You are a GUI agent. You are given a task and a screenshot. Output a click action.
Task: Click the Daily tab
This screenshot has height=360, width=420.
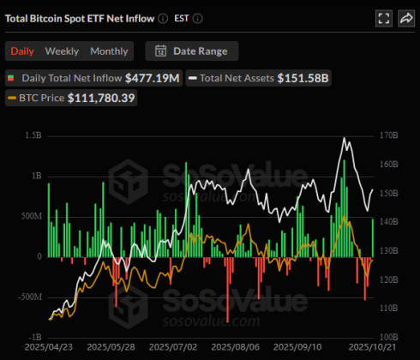(x=23, y=51)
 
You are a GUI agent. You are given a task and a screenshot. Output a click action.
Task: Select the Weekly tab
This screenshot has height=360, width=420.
(x=62, y=51)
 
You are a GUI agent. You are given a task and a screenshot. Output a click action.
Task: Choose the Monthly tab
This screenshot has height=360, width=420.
(x=109, y=51)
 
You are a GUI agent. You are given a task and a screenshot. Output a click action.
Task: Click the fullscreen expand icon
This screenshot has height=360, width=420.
(x=383, y=18)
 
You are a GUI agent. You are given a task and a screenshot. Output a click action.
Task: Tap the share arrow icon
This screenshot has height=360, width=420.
(x=405, y=18)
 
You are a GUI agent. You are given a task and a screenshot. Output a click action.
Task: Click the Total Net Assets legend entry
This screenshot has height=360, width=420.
(x=237, y=78)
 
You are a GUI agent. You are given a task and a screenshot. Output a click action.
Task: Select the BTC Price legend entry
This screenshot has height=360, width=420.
(x=41, y=99)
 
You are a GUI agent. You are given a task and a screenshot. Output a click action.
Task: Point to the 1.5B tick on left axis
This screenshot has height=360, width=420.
(x=33, y=135)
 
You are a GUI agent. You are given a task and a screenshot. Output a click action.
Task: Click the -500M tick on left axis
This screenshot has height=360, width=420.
(x=28, y=297)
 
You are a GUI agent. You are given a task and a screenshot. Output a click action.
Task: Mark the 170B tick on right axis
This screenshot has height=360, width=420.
(x=387, y=135)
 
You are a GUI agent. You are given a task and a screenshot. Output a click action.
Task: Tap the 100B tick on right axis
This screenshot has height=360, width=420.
(x=387, y=337)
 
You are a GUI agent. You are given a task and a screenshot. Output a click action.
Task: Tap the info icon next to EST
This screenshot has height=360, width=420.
(x=199, y=18)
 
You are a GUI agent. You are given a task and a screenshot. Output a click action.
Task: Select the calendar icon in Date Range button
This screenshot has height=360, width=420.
(x=160, y=51)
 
